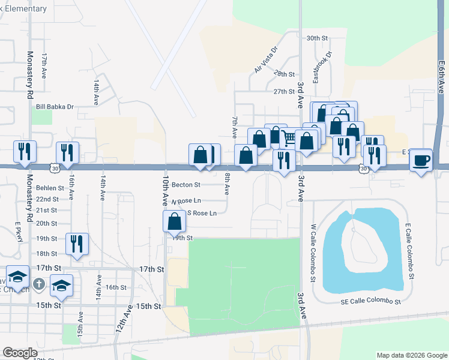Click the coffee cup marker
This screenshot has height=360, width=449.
(422, 160)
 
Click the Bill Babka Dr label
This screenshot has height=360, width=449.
(55, 107)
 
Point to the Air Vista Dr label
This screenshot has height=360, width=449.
(267, 61)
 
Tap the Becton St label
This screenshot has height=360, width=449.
(185, 185)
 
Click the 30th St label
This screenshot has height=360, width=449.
(317, 38)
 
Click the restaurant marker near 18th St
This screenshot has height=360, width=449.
(77, 244)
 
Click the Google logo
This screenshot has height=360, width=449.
(20, 353)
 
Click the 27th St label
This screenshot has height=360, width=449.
(284, 92)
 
